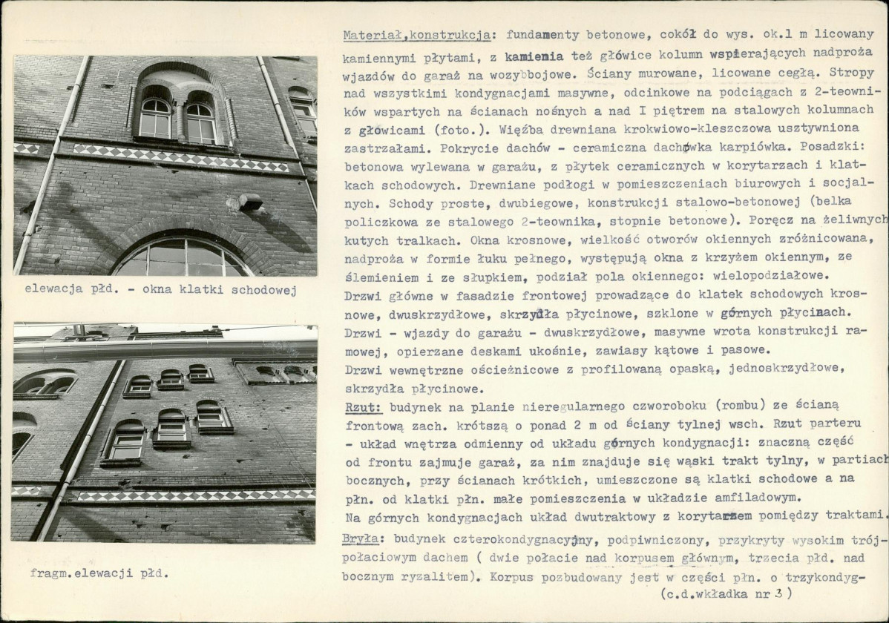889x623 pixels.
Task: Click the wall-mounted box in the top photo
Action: pyautogui.click(x=250, y=201)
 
